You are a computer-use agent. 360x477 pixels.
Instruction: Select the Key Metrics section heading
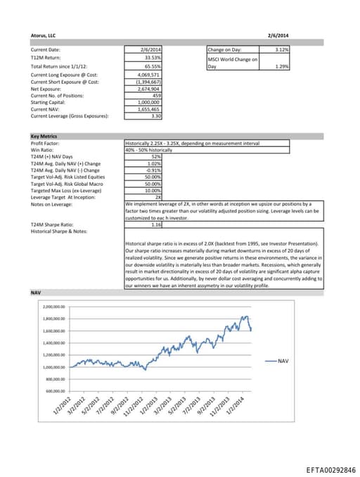(x=44, y=136)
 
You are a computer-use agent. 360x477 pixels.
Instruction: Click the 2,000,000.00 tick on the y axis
(x=53, y=307)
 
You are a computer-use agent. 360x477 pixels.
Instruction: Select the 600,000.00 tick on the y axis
(x=54, y=390)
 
